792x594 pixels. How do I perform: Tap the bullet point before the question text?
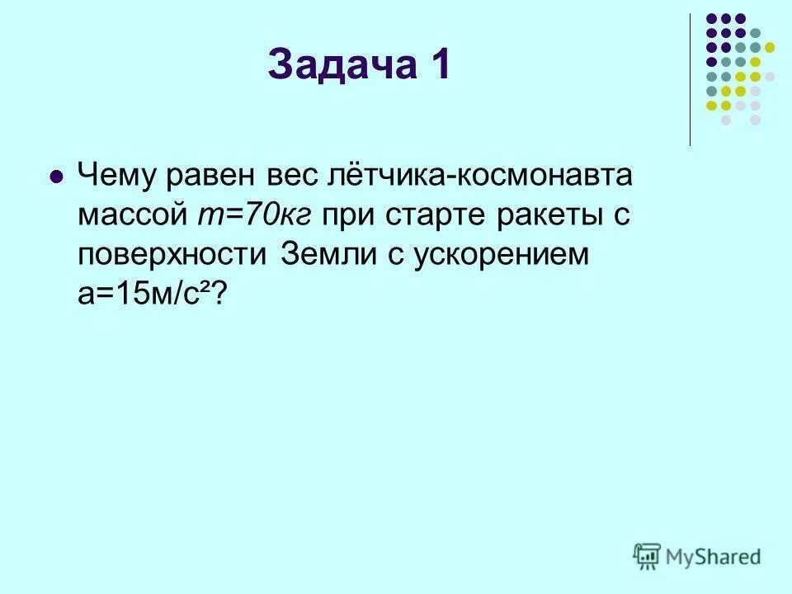[x=56, y=176]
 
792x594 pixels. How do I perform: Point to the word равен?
[x=210, y=177]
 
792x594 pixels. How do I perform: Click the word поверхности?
[x=172, y=255]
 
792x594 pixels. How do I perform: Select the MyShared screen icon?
[x=647, y=555]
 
